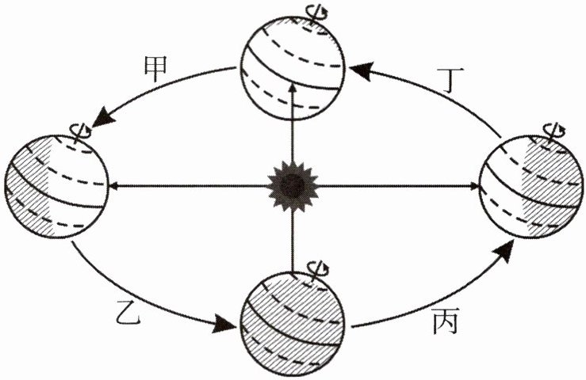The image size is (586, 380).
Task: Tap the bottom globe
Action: click(x=293, y=321)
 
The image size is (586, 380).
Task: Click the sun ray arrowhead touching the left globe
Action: click(x=113, y=186)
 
